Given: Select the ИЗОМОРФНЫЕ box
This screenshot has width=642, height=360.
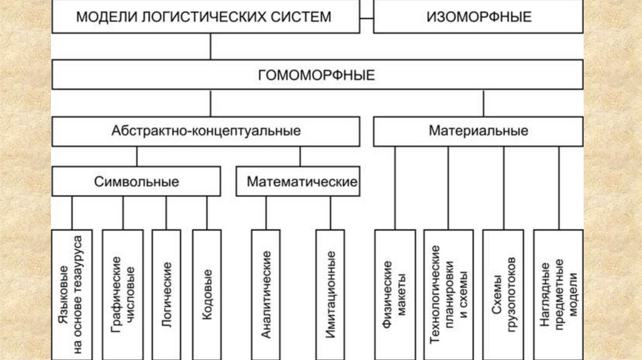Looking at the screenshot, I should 478,17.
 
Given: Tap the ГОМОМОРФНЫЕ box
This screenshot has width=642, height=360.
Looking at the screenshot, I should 317,75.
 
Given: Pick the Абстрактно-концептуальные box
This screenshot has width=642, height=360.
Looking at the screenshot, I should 206,132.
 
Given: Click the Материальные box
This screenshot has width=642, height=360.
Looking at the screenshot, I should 478,132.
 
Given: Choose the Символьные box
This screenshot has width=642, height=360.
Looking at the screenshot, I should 136,182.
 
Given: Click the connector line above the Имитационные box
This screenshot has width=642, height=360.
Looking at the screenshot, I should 330,213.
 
